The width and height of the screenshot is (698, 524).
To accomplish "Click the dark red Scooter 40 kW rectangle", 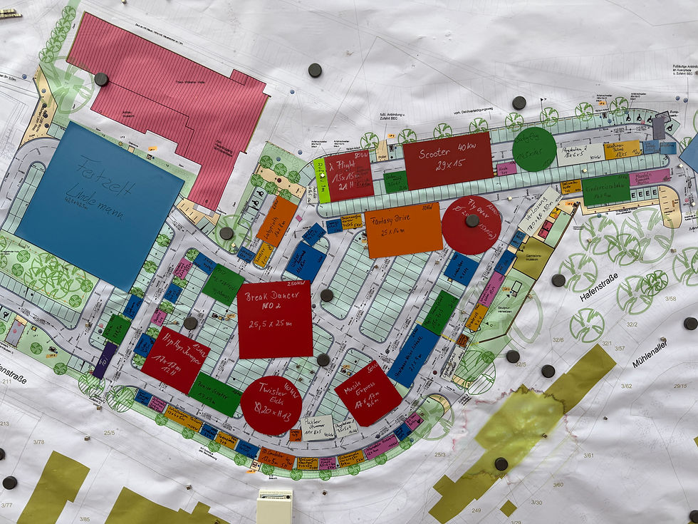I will pyautogui.click(x=448, y=160).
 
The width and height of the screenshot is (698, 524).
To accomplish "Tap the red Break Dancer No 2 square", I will pyautogui.click(x=275, y=319).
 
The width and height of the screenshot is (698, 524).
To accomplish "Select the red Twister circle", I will pyautogui.click(x=271, y=405).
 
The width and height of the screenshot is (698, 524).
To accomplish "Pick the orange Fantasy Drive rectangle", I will pyautogui.click(x=403, y=230).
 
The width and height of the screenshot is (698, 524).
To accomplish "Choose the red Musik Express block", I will pyautogui.click(x=368, y=393).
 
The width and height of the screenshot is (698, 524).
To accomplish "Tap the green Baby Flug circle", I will pyautogui.click(x=534, y=148).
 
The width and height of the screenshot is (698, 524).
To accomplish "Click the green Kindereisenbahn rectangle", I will pyautogui.click(x=605, y=190).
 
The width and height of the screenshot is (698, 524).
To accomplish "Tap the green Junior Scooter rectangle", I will pyautogui.click(x=215, y=394).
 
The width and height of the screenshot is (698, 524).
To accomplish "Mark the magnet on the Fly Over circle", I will pyautogui.click(x=472, y=220).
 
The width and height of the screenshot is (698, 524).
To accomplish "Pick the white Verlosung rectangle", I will pyautogui.click(x=539, y=211).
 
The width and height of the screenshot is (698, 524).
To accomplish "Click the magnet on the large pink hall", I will pyautogui.click(x=101, y=79).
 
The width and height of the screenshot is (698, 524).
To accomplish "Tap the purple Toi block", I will pyautogui.click(x=105, y=360).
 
